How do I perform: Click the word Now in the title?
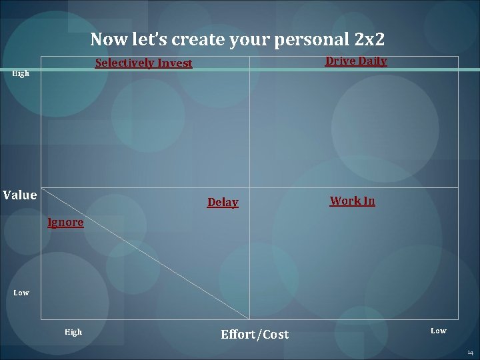(x=107, y=39)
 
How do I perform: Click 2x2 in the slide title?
(x=370, y=39)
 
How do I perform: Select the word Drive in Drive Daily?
(x=339, y=61)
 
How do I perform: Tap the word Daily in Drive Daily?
(x=372, y=61)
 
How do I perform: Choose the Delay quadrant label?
(x=223, y=202)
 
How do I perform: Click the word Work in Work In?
(x=345, y=201)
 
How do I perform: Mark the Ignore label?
(x=65, y=223)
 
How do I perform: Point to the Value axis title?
(x=20, y=195)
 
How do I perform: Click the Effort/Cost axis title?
(x=255, y=334)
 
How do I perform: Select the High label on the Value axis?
(x=21, y=73)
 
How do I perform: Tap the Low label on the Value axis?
(x=21, y=293)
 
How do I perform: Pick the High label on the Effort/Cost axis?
(x=73, y=332)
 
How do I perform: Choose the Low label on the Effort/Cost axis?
(x=438, y=331)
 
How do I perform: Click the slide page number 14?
(x=470, y=351)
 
